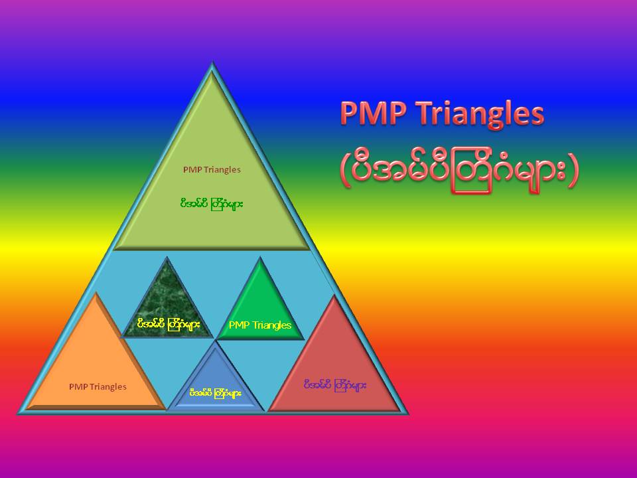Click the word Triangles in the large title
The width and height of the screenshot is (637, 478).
tap(479, 114)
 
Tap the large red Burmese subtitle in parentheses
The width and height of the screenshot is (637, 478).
tap(459, 171)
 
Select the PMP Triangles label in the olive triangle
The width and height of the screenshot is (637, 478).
tap(212, 169)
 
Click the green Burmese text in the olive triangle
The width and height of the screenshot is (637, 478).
tap(212, 203)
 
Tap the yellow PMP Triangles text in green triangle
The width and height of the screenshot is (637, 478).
tap(259, 325)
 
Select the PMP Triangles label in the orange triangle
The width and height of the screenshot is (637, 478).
tap(98, 386)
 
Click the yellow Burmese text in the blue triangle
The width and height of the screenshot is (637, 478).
tap(215, 393)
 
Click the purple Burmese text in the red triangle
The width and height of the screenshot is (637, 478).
tap(334, 384)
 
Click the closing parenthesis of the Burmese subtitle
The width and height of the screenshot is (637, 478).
tap(573, 171)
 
